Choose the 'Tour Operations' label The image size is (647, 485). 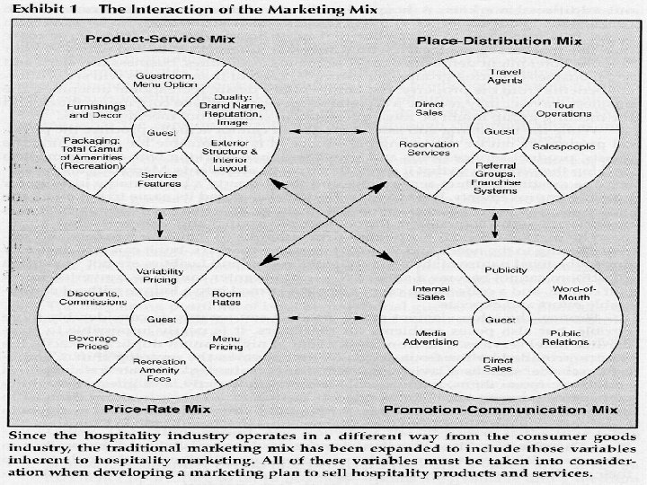pyautogui.click(x=563, y=109)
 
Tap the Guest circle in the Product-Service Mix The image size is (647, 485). pyautogui.click(x=152, y=132)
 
